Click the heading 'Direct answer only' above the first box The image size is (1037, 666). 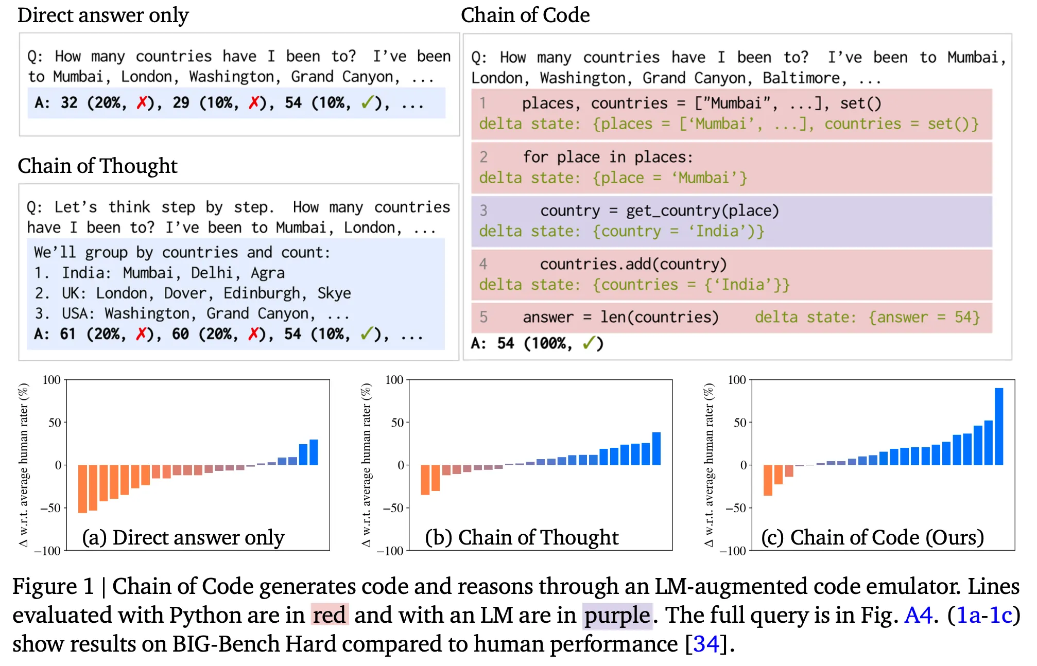click(103, 15)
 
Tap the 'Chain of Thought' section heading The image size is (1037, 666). click(97, 166)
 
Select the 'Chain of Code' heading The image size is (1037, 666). click(525, 15)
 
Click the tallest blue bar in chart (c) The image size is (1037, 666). click(999, 426)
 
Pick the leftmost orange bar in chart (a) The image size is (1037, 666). click(82, 488)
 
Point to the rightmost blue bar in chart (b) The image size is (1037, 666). click(656, 448)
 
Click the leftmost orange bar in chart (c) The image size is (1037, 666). click(768, 480)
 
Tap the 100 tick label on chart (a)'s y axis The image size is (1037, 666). click(51, 380)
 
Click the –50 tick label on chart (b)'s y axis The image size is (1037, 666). click(393, 508)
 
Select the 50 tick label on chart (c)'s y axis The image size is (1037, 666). click(739, 423)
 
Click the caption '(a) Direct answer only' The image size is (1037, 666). click(183, 537)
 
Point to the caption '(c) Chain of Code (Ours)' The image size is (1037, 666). click(872, 537)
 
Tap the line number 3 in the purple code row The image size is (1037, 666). click(483, 211)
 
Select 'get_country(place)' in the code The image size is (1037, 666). click(702, 211)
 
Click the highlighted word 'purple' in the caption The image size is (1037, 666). click(617, 615)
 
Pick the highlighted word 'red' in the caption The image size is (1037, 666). click(330, 615)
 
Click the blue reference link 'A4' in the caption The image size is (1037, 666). click(919, 615)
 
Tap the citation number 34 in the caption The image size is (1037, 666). click(706, 644)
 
